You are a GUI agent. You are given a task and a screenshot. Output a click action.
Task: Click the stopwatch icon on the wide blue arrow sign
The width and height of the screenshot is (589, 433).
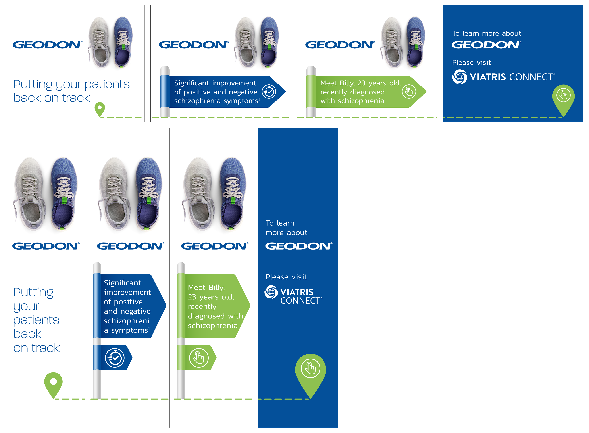(269, 92)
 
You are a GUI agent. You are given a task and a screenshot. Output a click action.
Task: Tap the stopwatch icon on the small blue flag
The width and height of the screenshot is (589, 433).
(115, 358)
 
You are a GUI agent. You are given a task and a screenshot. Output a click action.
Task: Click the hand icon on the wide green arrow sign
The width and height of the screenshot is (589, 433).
(409, 92)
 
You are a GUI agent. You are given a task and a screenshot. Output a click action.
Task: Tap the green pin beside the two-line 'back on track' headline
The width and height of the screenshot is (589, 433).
(100, 109)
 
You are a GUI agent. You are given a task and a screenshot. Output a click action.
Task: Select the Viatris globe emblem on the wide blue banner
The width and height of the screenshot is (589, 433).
(459, 77)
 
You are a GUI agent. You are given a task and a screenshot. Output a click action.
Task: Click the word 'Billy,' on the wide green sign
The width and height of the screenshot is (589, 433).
(347, 83)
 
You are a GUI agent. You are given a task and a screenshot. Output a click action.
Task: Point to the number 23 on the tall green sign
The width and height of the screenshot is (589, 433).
(192, 297)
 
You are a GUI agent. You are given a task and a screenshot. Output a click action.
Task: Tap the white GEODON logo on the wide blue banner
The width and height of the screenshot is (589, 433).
(486, 45)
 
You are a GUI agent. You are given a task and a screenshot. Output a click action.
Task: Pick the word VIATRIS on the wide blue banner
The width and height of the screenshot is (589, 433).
(488, 77)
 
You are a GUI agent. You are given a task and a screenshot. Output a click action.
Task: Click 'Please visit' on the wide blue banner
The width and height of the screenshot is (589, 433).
(471, 63)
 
